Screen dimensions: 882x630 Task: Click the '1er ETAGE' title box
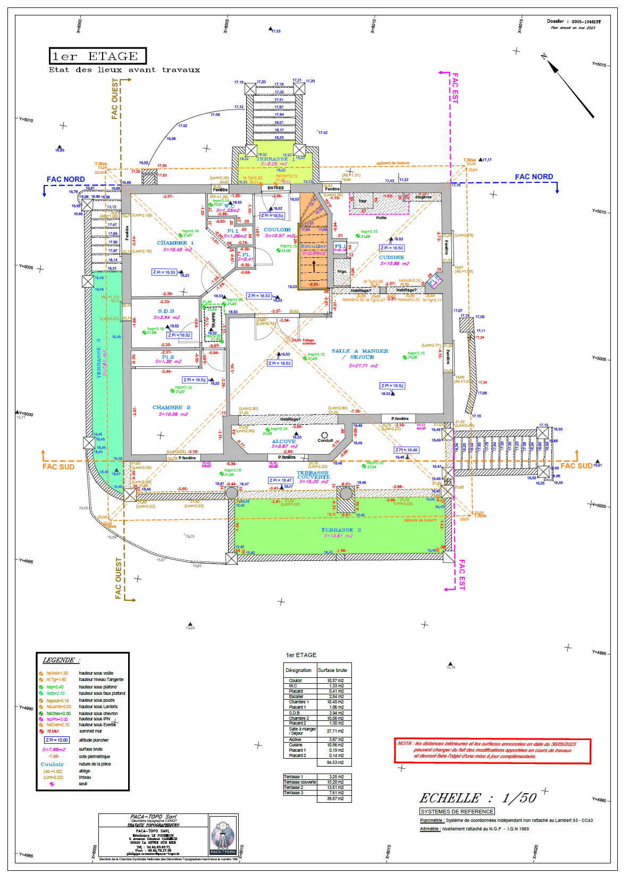coord(97,56)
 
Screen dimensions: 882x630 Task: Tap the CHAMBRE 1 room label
coord(175,243)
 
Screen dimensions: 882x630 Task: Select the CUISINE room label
coord(391,257)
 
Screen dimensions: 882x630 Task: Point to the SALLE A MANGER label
coord(360,351)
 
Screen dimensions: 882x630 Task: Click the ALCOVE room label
coord(283,441)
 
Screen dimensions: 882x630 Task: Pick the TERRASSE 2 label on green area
coord(341,530)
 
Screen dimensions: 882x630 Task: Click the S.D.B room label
coord(166,311)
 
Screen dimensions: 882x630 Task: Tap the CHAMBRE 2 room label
coord(171,407)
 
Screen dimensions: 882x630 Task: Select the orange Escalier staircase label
coord(314,246)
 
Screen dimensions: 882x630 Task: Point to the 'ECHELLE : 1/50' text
coord(478,798)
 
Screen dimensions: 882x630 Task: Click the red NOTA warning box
coord(492,751)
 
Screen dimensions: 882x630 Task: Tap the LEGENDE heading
coord(60,660)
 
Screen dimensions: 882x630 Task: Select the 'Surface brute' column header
coord(332,670)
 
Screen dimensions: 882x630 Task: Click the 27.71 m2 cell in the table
coord(335,731)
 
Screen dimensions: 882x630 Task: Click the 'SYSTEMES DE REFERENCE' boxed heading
coord(457,811)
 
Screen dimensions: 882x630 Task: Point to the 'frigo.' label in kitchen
coord(342,271)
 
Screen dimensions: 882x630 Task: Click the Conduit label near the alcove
coord(325,440)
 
